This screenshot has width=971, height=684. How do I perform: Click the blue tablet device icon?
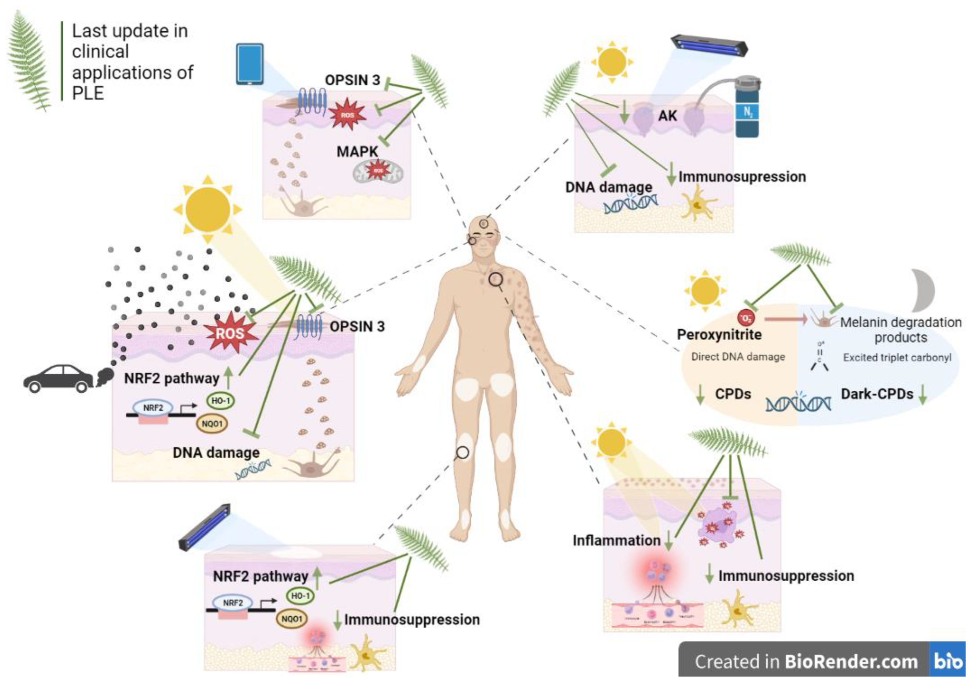pyautogui.click(x=249, y=64)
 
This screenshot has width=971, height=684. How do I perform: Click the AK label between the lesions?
pyautogui.click(x=668, y=115)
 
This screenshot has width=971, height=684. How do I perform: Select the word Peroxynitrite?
pyautogui.click(x=719, y=335)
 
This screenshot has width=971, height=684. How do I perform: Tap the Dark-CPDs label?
pyautogui.click(x=876, y=394)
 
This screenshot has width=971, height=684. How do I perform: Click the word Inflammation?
pyautogui.click(x=616, y=541)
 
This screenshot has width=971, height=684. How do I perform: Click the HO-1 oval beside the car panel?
pyautogui.click(x=221, y=400)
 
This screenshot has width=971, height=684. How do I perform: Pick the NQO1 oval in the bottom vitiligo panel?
pyautogui.click(x=292, y=619)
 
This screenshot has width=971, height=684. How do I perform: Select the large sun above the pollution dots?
pyautogui.click(x=208, y=209)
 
